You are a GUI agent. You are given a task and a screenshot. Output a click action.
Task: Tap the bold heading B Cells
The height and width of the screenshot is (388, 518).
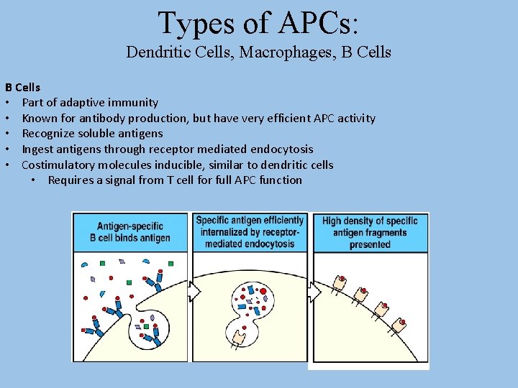click(23, 87)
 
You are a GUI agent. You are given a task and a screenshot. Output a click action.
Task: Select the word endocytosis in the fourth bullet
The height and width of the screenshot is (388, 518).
click(281, 149)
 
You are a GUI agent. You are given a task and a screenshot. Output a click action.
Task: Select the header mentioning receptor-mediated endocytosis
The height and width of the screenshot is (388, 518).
click(250, 232)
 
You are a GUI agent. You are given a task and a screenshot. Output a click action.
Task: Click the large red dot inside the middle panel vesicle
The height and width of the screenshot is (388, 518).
click(263, 292)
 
